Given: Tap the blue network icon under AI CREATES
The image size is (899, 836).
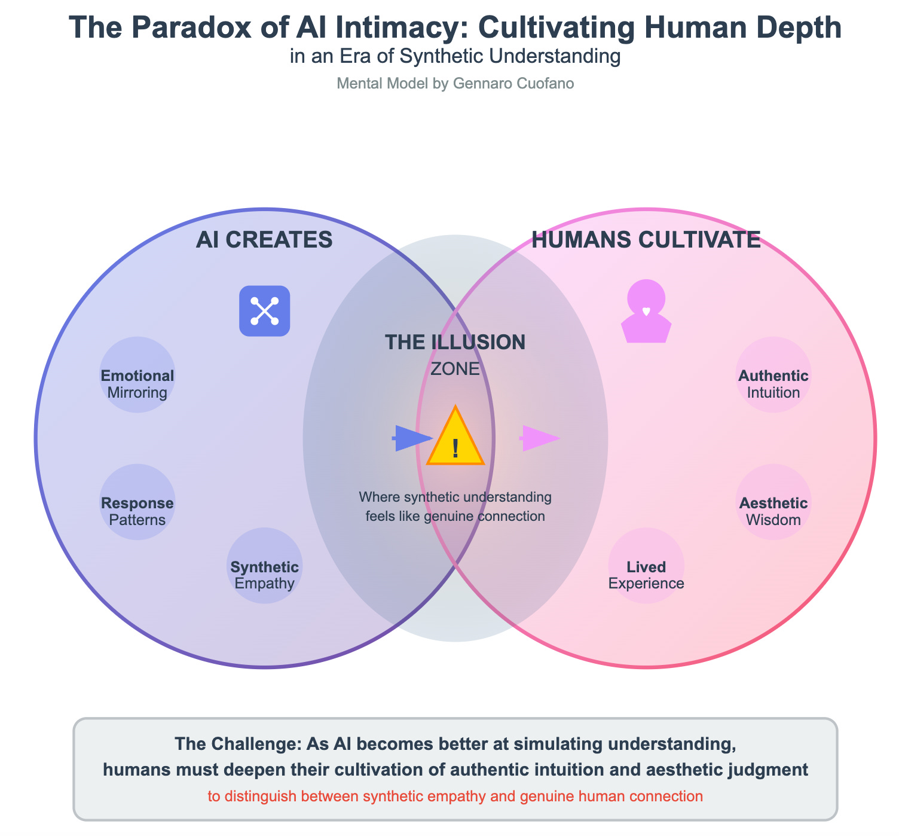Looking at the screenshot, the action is pos(265,311).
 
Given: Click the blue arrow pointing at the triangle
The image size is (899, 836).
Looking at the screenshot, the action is pos(412,438).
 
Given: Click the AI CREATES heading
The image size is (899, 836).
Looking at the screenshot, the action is pos(264,240).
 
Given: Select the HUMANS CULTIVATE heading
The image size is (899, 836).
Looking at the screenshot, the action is pos(646,240).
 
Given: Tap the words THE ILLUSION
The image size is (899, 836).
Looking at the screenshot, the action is pos(455,342).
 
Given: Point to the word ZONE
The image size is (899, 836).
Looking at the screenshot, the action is pos(455,369).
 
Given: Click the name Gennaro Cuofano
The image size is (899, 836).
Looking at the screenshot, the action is pos(513,84).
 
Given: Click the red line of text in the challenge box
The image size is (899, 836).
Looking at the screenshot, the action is pos(455,797).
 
